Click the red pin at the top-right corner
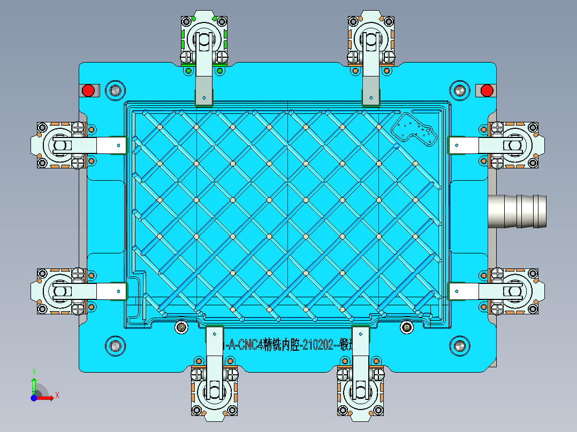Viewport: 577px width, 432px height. tap(486, 90)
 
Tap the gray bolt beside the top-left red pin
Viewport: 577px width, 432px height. tap(114, 90)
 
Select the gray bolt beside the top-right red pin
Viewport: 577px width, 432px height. tap(459, 90)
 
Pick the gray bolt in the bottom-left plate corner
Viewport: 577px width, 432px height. tap(114, 346)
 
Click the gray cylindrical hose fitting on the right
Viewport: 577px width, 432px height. tap(518, 211)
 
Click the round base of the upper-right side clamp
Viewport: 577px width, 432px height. tap(515, 145)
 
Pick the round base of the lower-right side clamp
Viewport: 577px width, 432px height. tap(515, 291)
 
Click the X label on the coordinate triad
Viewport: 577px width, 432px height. tap(57, 395)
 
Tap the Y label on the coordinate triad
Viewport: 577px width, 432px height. tap(34, 371)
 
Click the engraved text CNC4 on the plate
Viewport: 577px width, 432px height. tap(248, 345)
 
